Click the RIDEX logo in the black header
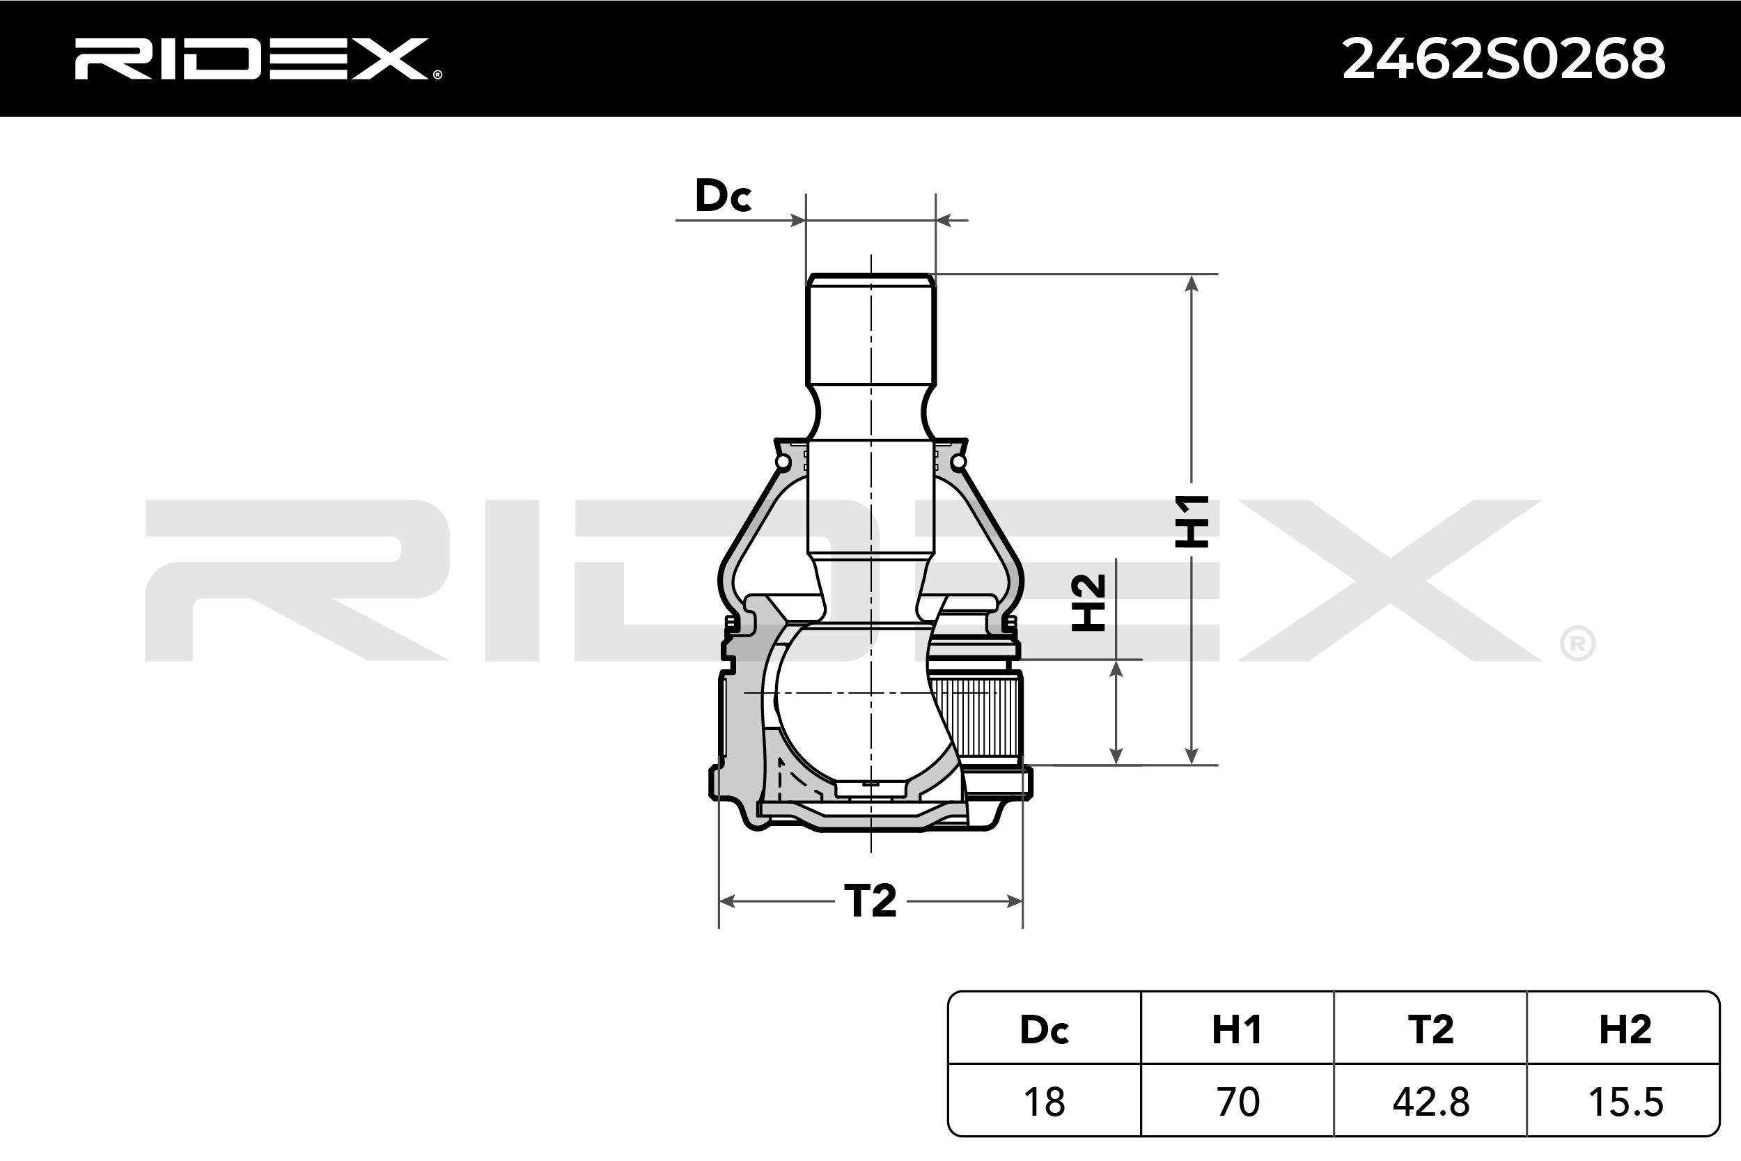tap(258, 59)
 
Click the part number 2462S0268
tap(1504, 59)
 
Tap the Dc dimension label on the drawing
tap(723, 196)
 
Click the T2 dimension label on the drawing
tap(870, 901)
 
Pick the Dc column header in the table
tap(1044, 1029)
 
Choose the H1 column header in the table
tap(1237, 1029)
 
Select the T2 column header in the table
tap(1430, 1029)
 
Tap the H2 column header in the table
tap(1623, 1029)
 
